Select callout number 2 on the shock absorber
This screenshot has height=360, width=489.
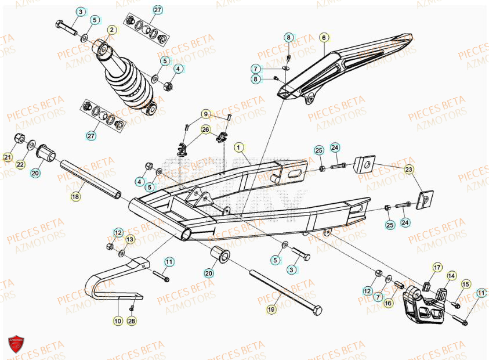coord(111,29)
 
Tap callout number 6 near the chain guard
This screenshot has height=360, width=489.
coord(324,38)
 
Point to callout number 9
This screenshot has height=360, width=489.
coord(205,113)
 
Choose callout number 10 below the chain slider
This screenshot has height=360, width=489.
coord(118,320)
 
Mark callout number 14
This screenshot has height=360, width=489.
coord(451,276)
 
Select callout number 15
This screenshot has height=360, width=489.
coord(466,284)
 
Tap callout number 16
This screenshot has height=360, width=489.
coord(389,303)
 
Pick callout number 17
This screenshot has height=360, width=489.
coord(437,268)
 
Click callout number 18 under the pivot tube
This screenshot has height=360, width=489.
coord(75,197)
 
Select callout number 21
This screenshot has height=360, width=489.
coord(8,157)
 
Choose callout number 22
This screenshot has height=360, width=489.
coord(20,165)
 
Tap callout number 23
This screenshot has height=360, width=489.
coord(410,170)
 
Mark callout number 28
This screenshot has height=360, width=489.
coord(132,321)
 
